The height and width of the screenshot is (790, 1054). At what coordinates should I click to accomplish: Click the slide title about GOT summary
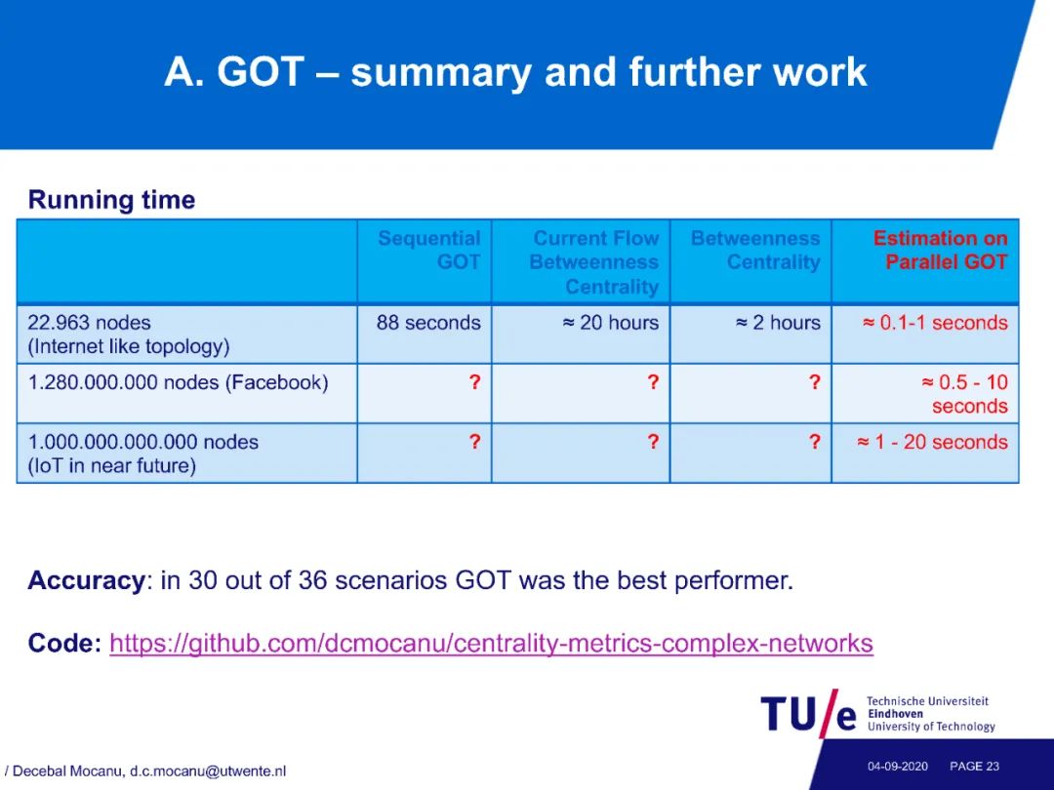[515, 72]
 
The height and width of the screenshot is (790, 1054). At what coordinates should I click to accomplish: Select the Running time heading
[111, 200]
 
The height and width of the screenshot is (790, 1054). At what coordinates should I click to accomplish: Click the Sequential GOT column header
[428, 250]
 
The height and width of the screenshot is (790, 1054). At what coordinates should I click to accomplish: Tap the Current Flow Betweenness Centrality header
[594, 262]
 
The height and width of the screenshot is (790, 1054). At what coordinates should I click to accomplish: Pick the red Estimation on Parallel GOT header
[941, 250]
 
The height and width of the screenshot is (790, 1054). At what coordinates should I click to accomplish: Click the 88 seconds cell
[428, 323]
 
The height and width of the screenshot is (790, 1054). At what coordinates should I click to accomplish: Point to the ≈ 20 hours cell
[610, 323]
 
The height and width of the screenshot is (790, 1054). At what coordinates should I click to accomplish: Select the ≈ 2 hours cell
[778, 323]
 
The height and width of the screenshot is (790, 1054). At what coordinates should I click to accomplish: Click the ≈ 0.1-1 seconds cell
[935, 323]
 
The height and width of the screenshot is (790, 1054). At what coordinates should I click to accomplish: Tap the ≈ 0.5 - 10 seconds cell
[964, 394]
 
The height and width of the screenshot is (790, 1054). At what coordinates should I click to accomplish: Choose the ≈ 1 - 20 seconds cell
[932, 442]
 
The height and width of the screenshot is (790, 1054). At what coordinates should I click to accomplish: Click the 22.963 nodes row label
[129, 334]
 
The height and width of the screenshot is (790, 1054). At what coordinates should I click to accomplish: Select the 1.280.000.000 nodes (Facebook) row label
[179, 382]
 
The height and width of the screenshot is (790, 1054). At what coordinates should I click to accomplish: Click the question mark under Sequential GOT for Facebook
[474, 382]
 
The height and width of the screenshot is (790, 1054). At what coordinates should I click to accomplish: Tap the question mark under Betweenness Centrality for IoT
[815, 442]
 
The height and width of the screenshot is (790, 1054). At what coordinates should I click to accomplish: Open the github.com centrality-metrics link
[491, 643]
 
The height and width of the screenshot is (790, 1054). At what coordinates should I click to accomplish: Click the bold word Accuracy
[85, 579]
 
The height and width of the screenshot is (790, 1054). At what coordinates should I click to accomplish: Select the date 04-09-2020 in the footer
[898, 767]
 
